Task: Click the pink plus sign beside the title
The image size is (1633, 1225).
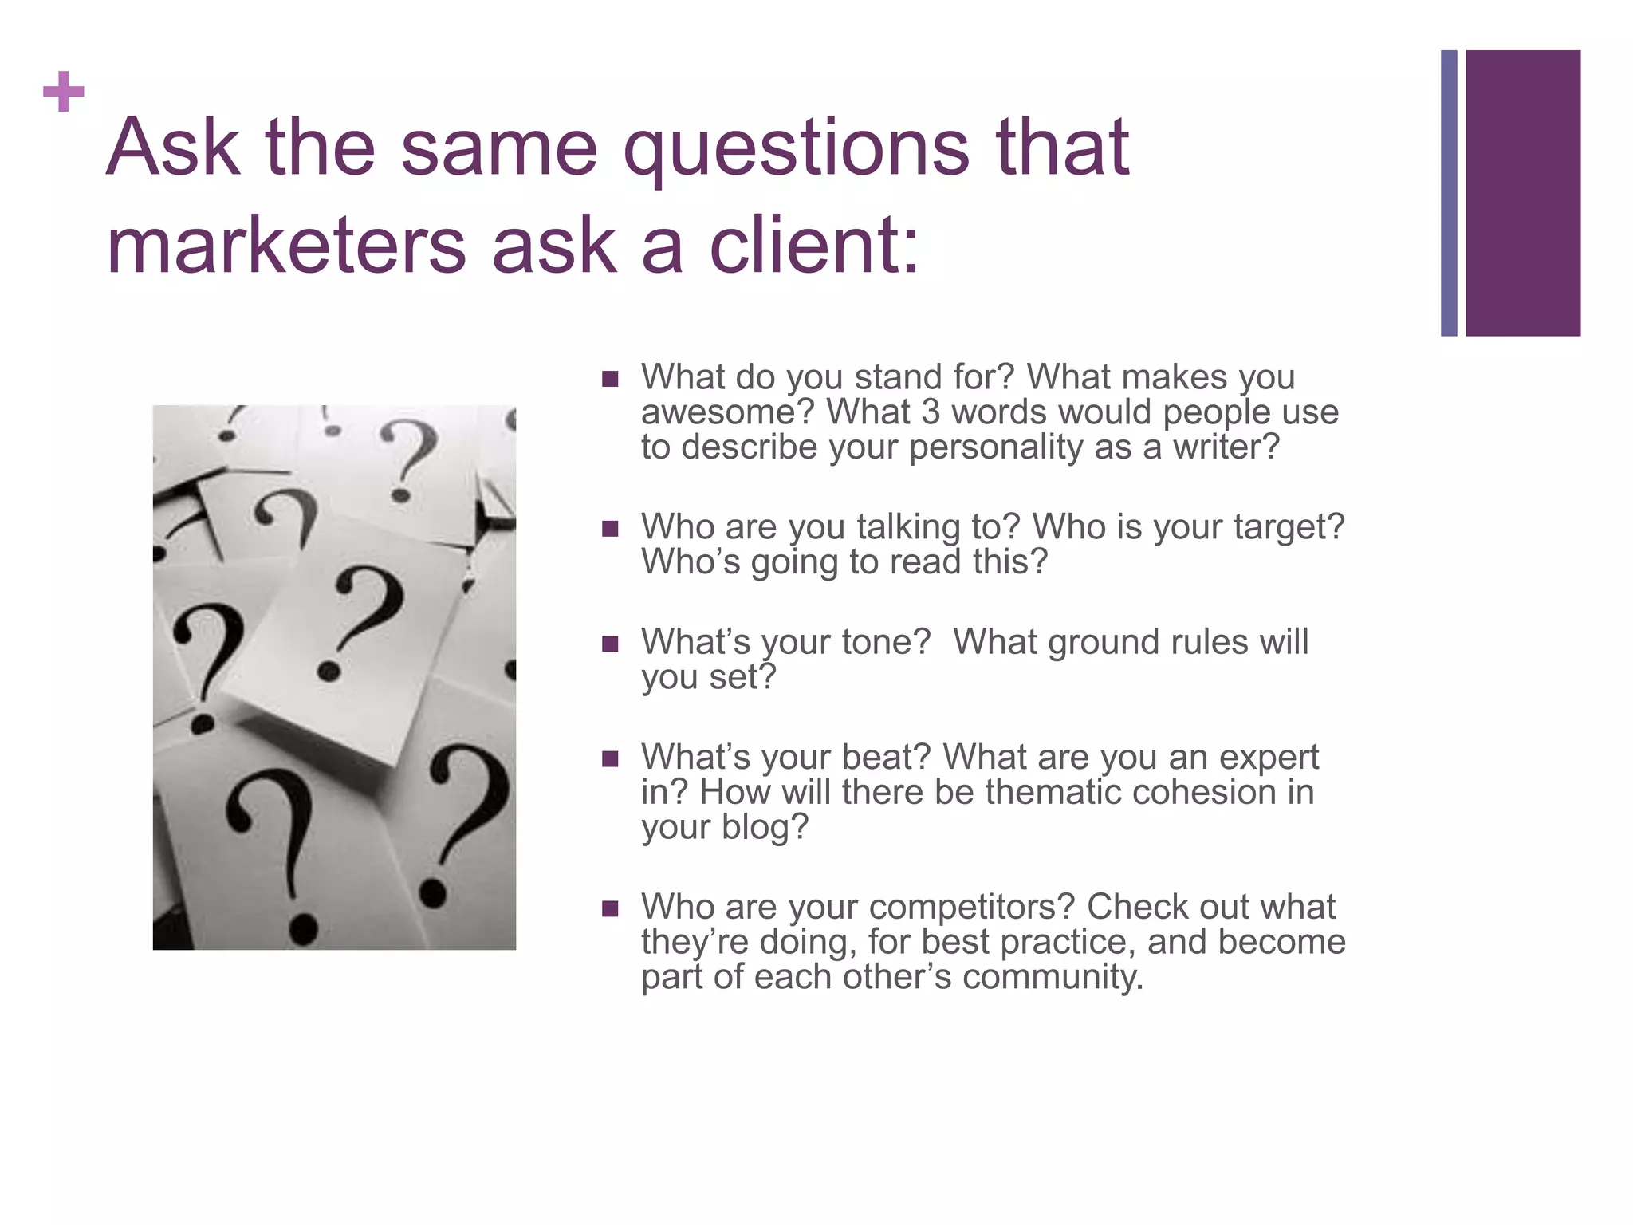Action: (64, 92)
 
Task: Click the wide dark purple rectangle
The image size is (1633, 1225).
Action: (1522, 193)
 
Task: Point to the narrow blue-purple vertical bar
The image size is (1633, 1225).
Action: (1449, 193)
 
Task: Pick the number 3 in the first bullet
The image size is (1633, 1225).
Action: (930, 412)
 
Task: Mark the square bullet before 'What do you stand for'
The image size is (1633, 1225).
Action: (611, 379)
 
